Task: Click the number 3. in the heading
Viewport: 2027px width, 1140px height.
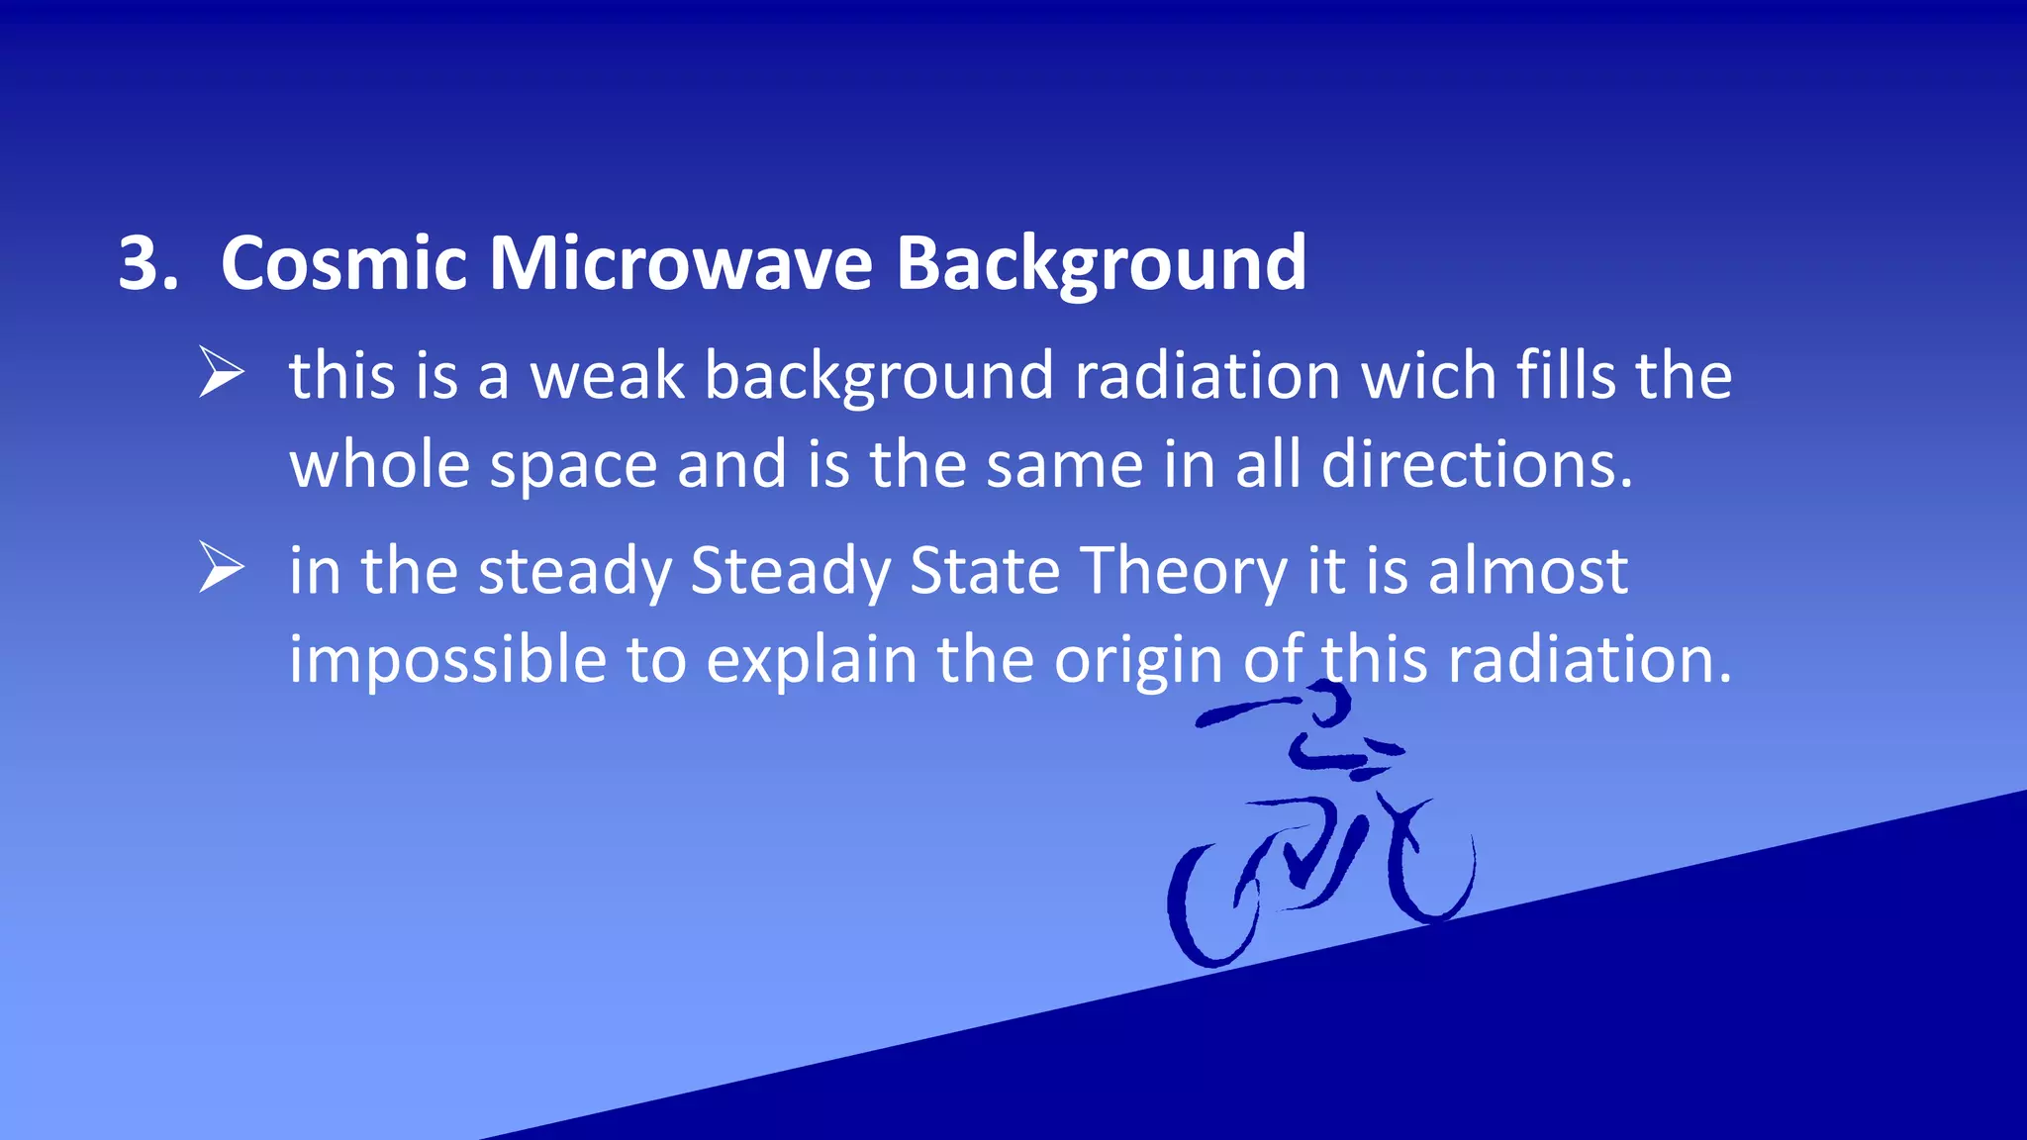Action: pyautogui.click(x=148, y=264)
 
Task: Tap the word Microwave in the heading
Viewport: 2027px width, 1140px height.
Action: pyautogui.click(x=681, y=264)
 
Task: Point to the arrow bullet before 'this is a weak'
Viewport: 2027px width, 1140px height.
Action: pyautogui.click(x=221, y=372)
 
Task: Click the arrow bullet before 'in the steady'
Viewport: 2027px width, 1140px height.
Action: pyautogui.click(x=221, y=567)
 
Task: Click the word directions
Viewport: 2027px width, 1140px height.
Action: pyautogui.click(x=1477, y=464)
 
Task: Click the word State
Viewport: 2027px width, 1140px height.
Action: pyautogui.click(x=985, y=571)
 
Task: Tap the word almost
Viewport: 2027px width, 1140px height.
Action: pyautogui.click(x=1527, y=571)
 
